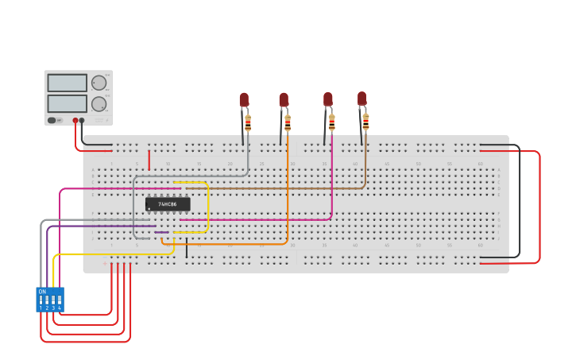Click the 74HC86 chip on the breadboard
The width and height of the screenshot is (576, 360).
(168, 204)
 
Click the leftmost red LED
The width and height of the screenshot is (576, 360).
(244, 100)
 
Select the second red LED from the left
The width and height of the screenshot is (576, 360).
(284, 100)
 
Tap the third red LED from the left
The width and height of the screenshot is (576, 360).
(328, 99)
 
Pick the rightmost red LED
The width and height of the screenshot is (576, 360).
(362, 99)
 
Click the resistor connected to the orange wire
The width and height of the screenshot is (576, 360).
(288, 123)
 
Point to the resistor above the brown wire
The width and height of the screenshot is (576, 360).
(365, 122)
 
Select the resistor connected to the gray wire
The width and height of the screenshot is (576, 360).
(248, 123)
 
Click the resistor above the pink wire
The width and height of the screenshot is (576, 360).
(331, 122)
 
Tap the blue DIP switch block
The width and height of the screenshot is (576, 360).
(49, 300)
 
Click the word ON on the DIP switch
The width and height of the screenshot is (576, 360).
(42, 292)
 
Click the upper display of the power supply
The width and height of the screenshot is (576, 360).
(67, 83)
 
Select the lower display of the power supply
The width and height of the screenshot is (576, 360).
(67, 103)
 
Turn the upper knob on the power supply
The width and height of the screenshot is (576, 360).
(99, 83)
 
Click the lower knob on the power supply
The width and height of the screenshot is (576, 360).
(99, 103)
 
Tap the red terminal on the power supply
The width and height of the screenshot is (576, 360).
(75, 121)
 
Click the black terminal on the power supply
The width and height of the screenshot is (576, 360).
(82, 121)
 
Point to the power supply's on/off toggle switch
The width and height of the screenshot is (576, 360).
(52, 121)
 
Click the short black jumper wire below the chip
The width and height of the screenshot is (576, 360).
(187, 248)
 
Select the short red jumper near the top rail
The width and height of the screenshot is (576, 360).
(149, 159)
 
